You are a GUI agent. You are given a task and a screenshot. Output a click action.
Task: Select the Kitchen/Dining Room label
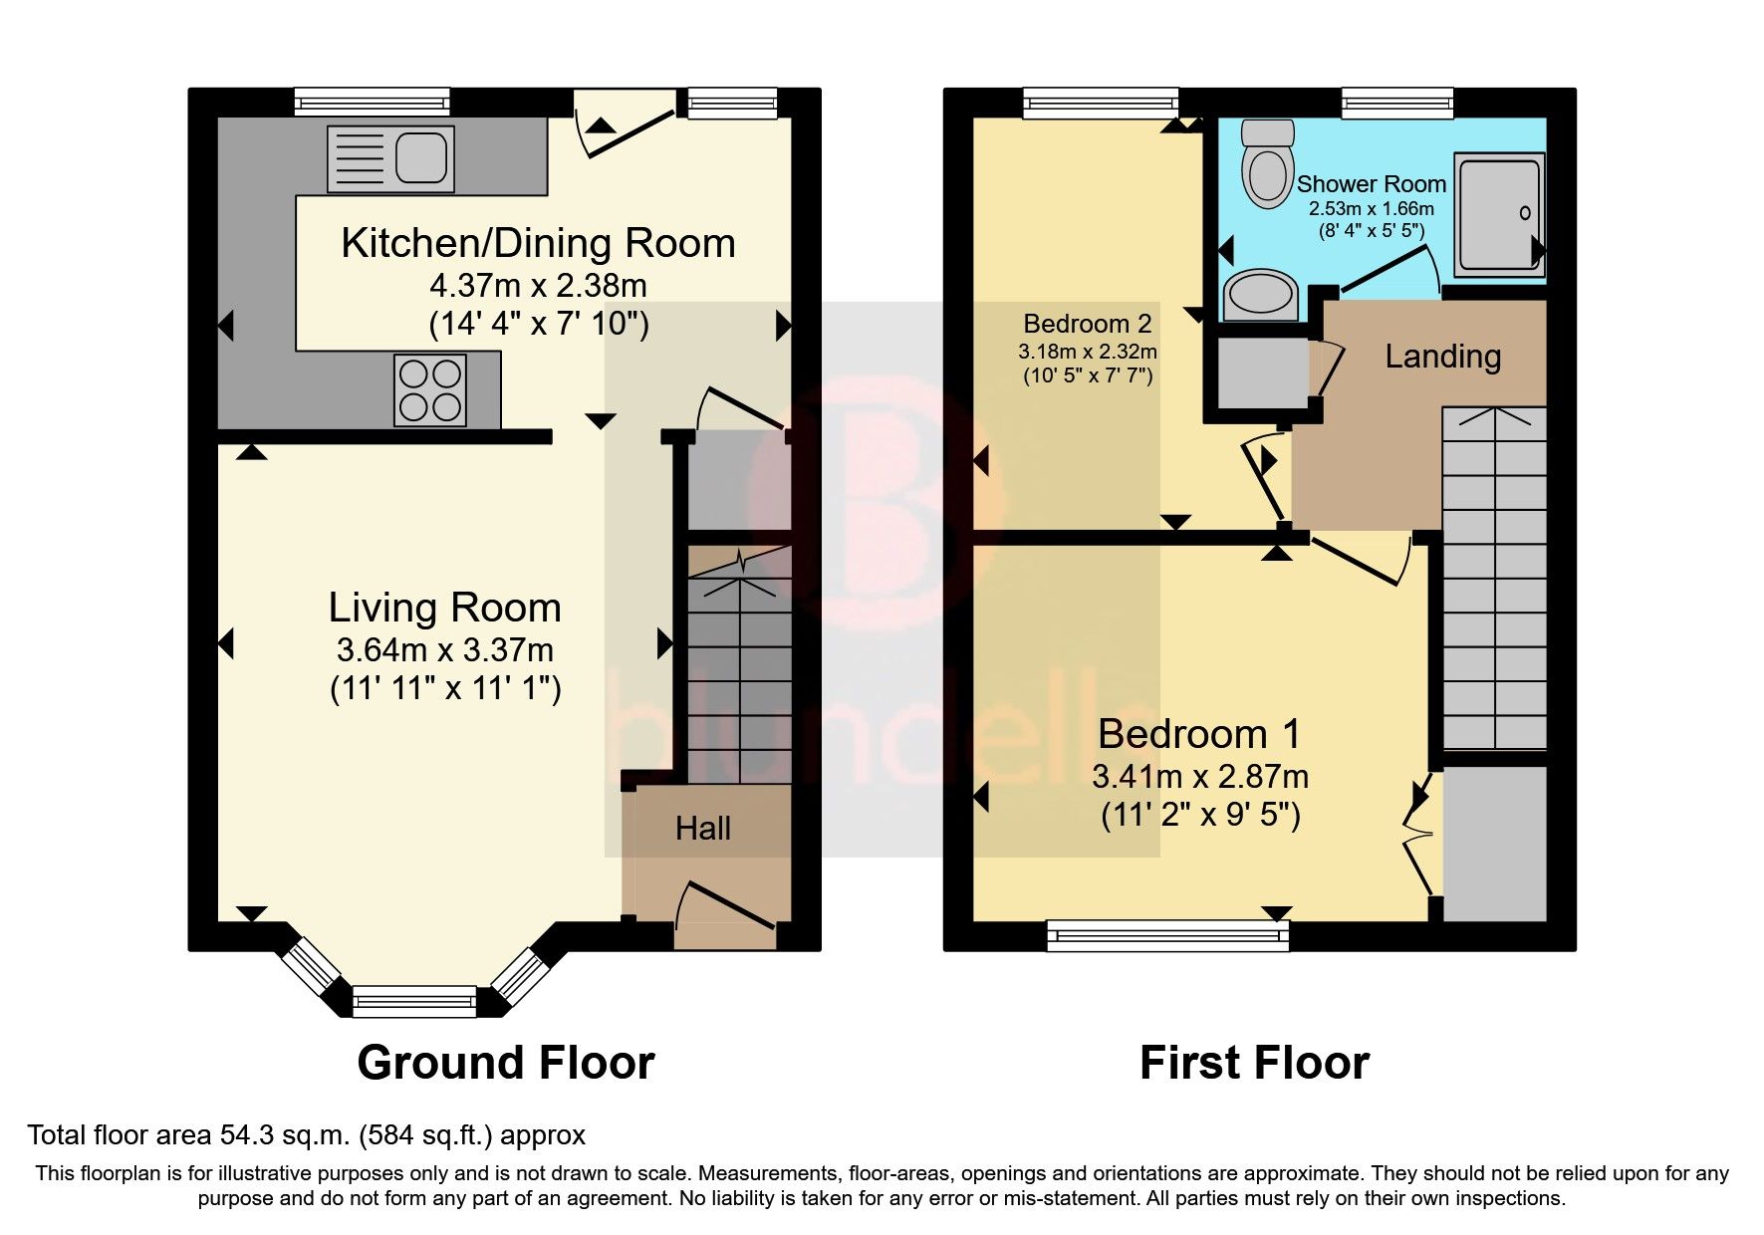pos(538,243)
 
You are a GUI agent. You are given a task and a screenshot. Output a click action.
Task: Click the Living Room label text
pos(445,608)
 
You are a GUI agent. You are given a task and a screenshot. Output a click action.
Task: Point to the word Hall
pos(703,829)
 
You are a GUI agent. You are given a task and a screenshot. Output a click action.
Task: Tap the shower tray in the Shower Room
pos(1500,214)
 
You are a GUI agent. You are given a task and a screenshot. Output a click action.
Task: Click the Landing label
pos(1442,357)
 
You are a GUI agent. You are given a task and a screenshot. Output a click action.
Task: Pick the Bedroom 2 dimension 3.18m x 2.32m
pos(1087,352)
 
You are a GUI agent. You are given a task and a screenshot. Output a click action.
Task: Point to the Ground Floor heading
pos(505,1063)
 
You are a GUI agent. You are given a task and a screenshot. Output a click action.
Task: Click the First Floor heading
pos(1254,1063)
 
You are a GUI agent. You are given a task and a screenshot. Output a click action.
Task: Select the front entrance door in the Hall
pos(725,908)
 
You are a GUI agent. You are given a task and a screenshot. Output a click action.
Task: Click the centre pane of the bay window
pos(414,999)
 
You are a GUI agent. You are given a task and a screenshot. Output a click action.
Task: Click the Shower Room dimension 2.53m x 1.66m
pos(1371,209)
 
